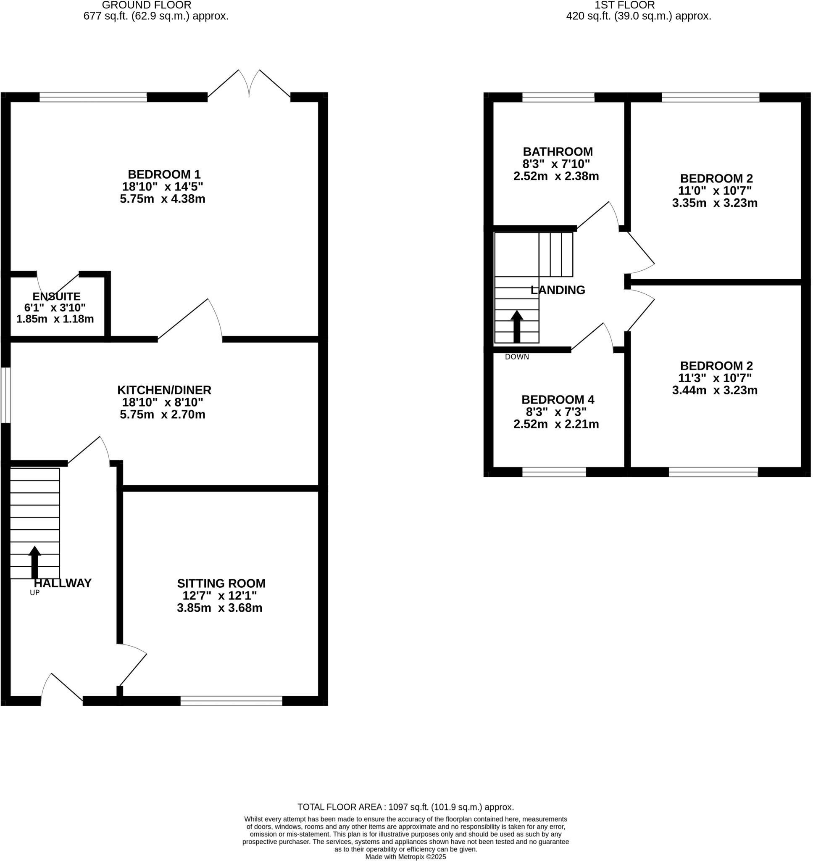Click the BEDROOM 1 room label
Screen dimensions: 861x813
pyautogui.click(x=164, y=174)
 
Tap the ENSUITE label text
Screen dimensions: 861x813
pyautogui.click(x=56, y=296)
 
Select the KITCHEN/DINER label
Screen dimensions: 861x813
pyautogui.click(x=164, y=390)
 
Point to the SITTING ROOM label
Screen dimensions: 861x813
pyautogui.click(x=221, y=583)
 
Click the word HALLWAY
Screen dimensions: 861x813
pyautogui.click(x=63, y=583)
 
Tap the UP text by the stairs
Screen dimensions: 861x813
pyautogui.click(x=35, y=593)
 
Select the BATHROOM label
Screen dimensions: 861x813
pyautogui.click(x=558, y=152)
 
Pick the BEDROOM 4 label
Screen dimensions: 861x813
pyautogui.click(x=558, y=399)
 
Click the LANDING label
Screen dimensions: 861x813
pyautogui.click(x=558, y=290)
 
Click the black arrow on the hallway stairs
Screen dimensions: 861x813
pyautogui.click(x=35, y=562)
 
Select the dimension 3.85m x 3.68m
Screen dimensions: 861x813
pyautogui.click(x=220, y=608)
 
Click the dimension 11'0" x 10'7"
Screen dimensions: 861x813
pyautogui.click(x=715, y=191)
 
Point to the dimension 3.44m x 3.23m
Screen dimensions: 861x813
pyautogui.click(x=715, y=390)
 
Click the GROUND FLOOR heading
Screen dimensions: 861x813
pyautogui.click(x=147, y=5)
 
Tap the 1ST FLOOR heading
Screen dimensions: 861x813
pyautogui.click(x=624, y=5)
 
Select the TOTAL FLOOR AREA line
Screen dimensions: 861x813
pyautogui.click(x=405, y=807)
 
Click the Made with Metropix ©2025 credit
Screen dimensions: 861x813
pyautogui.click(x=405, y=857)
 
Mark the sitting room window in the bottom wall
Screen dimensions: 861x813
pyautogui.click(x=232, y=700)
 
